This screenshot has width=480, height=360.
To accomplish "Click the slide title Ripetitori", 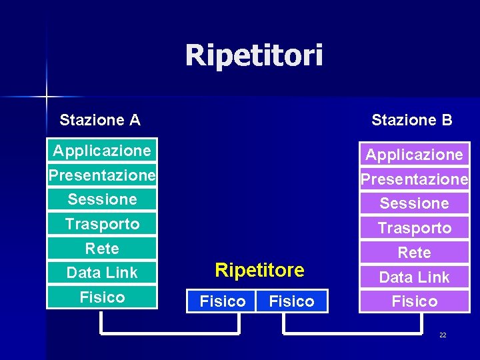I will point(254,55).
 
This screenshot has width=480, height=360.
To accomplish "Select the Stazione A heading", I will point(99,120).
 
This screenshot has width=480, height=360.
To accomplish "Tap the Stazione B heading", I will point(411,120).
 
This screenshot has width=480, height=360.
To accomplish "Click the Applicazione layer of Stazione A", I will point(102,151).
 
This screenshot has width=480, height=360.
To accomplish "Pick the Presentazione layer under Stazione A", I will point(102,175).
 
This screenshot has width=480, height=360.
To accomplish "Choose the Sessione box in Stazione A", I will point(102,199).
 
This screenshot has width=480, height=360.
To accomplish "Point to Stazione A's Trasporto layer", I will point(102,224).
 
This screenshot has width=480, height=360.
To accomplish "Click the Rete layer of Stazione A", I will point(102,249).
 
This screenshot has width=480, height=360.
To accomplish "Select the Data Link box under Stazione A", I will point(102,273).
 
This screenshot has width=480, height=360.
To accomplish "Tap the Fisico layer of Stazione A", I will point(102,297).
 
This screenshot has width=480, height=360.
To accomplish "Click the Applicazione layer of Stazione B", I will point(414,155).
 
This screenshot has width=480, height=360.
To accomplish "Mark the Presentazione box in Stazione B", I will point(414,179).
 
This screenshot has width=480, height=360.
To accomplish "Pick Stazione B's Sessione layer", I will point(414,203).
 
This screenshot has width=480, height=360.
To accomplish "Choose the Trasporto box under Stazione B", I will point(414,228).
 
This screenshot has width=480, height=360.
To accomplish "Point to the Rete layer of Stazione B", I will point(414,253).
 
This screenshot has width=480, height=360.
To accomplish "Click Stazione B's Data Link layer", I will point(414,277).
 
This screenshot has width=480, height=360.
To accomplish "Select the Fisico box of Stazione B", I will point(414,301).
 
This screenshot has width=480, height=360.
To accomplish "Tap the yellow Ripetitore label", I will point(259,270).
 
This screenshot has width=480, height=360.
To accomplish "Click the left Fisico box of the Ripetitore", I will point(223,301).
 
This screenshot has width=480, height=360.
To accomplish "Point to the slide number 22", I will point(443,335).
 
